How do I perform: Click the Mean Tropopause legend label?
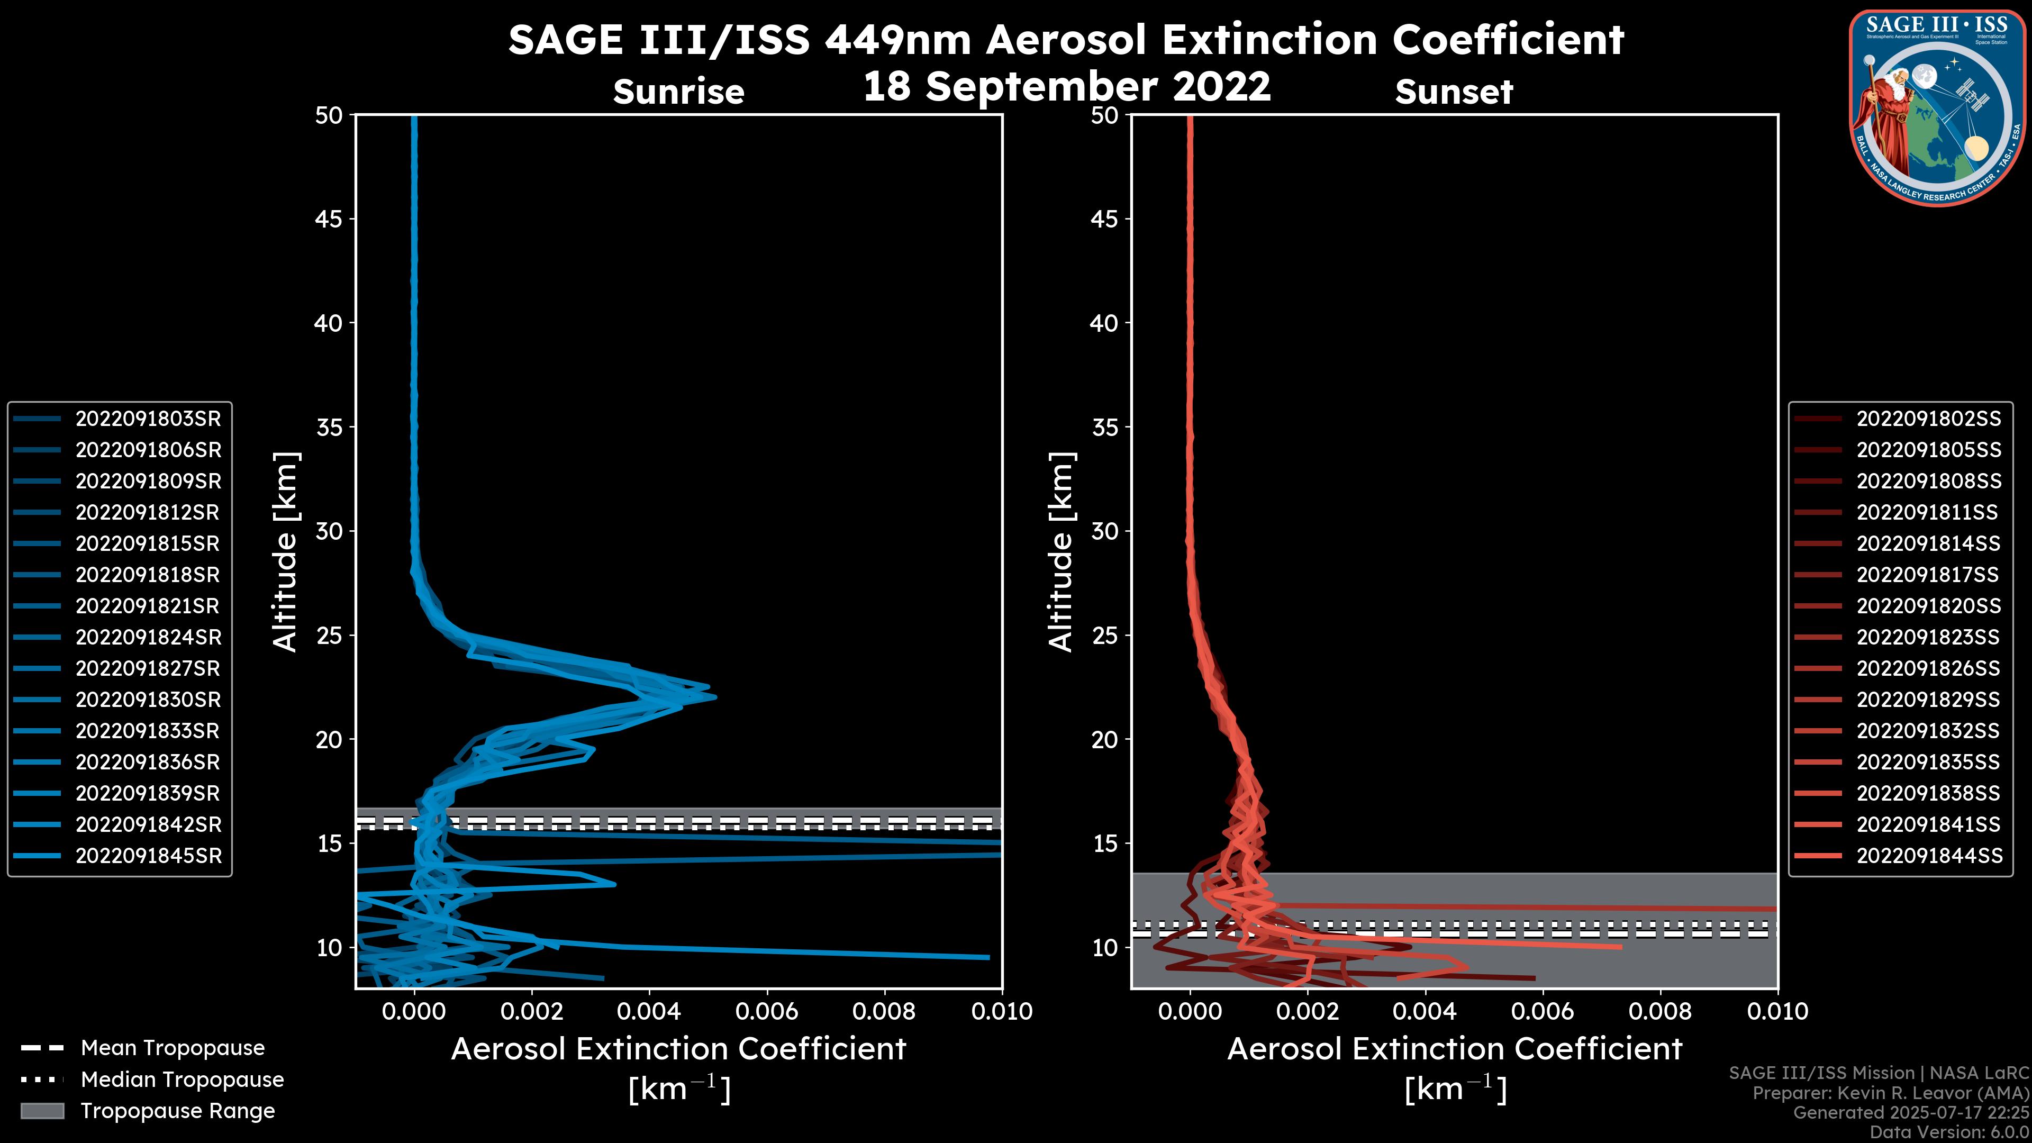[x=173, y=1048]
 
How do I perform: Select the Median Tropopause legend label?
[x=182, y=1080]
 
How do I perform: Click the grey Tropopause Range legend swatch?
[x=42, y=1111]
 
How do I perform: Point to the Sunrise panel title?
[x=678, y=92]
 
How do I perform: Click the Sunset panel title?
[x=1454, y=92]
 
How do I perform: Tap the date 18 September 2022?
[x=1066, y=87]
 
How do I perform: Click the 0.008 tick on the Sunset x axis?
[x=1661, y=1011]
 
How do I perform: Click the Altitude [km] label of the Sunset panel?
[x=1061, y=551]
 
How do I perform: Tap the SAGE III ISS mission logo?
[x=1937, y=107]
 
